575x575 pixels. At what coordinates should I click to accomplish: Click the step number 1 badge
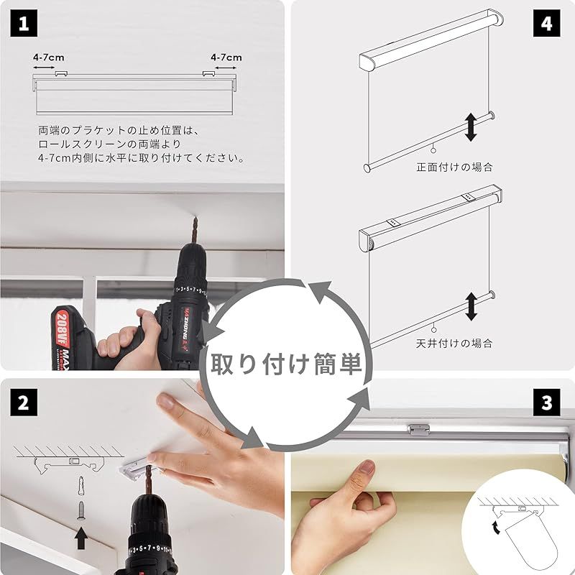[24, 24]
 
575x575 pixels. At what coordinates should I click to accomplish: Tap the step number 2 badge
[24, 402]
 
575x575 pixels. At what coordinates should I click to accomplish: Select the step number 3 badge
[546, 402]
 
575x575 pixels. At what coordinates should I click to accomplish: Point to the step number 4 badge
[546, 24]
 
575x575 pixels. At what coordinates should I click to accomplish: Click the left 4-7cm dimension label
[48, 57]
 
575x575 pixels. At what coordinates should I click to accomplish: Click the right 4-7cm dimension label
[226, 57]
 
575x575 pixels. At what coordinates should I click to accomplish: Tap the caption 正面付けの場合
[454, 167]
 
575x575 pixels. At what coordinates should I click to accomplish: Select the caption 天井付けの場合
[454, 344]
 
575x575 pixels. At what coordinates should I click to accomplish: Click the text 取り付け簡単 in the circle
[286, 364]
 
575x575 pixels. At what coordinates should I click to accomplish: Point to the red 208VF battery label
[63, 328]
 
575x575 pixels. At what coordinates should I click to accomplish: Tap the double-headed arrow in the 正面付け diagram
[471, 127]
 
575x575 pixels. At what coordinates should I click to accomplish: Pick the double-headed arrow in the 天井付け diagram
[471, 307]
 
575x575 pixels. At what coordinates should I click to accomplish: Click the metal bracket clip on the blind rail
[418, 430]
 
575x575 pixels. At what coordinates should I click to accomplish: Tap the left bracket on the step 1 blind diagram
[61, 74]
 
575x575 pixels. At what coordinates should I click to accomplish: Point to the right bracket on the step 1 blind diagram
[208, 74]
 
